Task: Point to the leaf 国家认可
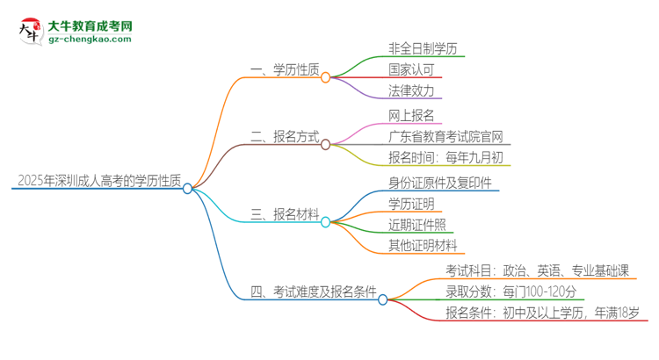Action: (410, 69)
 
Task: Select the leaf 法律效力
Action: (410, 90)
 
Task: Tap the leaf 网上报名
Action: (410, 116)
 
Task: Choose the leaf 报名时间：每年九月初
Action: (446, 158)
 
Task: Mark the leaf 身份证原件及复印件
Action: (440, 184)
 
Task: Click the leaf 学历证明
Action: (410, 205)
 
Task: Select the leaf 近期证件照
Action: (417, 225)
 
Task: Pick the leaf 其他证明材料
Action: (424, 246)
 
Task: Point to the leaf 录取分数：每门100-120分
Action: (510, 292)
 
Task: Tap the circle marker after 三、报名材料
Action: (325, 222)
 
